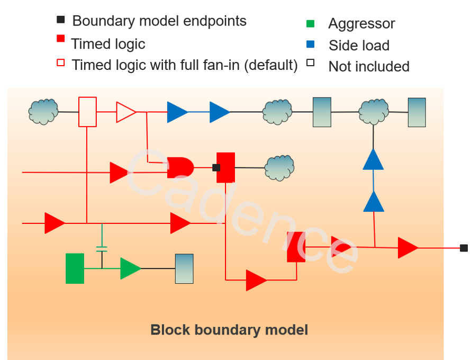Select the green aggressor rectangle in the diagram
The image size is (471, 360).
75,268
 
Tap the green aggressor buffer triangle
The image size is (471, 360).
130,268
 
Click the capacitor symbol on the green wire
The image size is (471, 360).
102,248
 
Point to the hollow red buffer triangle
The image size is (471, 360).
125,112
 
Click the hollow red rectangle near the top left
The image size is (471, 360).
87,112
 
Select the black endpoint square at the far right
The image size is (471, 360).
464,248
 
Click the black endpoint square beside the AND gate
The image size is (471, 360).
216,167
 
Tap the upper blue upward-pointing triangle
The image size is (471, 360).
373,159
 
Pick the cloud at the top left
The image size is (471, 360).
43,112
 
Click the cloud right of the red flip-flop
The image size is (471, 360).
279,167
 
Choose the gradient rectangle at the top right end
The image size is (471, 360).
416,112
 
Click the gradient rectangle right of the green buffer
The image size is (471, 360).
184,268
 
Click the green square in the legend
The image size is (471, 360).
310,24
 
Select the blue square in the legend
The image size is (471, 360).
310,45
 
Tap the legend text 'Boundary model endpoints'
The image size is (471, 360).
159,21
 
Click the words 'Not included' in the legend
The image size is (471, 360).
369,67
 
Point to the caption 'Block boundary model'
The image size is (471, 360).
229,330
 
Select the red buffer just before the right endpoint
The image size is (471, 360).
407,248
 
